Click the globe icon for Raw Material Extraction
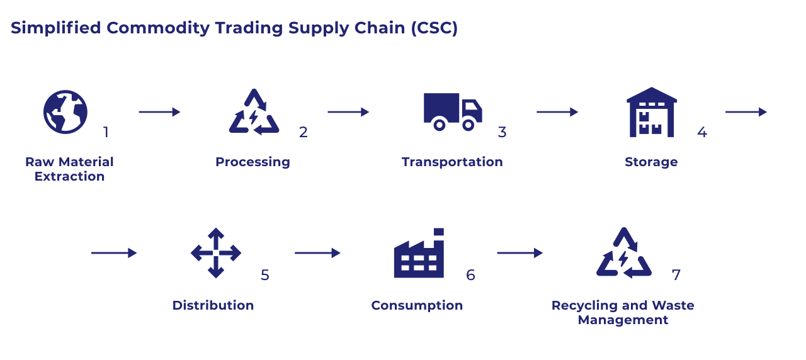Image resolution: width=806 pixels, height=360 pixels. click(65, 112)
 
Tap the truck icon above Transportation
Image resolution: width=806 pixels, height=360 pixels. click(452, 111)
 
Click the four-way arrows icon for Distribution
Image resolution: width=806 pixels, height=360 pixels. click(216, 253)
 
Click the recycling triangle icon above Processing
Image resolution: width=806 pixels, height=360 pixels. click(253, 113)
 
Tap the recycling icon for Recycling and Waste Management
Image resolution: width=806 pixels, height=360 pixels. click(623, 253)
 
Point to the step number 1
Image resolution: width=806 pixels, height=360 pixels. click(106, 132)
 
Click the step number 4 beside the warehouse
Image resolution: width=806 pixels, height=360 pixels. click(702, 132)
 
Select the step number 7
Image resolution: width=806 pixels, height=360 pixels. click(676, 275)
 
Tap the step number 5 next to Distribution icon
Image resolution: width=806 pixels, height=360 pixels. click(265, 275)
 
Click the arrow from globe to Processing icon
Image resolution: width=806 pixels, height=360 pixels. click(159, 112)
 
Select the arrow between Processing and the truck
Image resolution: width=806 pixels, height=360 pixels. click(348, 112)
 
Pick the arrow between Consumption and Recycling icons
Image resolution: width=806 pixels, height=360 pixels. click(519, 253)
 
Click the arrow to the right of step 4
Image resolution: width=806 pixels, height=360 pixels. click(746, 112)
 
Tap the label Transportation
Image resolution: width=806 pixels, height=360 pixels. click(452, 162)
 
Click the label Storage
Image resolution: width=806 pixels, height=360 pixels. click(651, 162)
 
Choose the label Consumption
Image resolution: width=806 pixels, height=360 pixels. click(417, 305)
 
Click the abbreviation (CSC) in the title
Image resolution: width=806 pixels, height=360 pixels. click(433, 28)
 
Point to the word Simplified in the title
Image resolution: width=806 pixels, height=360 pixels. click(56, 28)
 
